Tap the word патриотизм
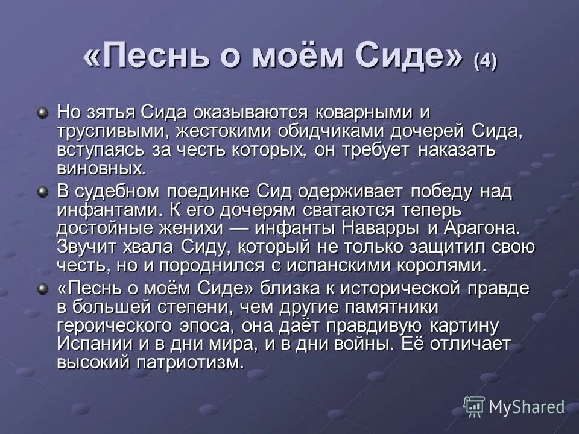(195, 362)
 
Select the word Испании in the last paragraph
(90, 344)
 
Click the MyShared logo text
(527, 407)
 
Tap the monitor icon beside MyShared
(474, 407)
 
